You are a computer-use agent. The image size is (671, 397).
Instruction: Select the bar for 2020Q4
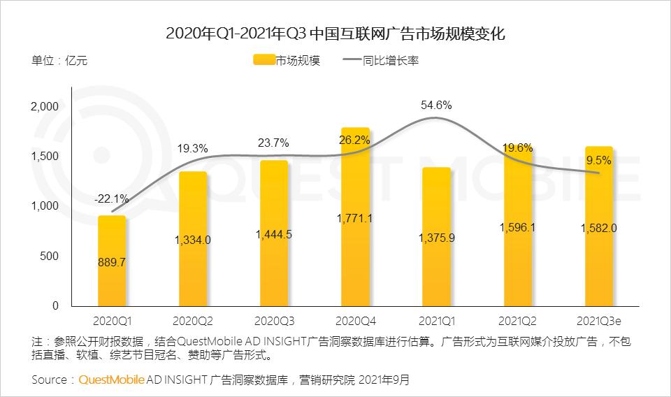[355, 266]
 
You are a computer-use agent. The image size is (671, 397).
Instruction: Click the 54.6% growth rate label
[436, 106]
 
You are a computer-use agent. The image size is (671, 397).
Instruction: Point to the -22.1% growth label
[111, 200]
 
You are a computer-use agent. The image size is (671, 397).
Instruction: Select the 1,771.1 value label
[355, 219]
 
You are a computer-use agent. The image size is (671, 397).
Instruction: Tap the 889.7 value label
[112, 262]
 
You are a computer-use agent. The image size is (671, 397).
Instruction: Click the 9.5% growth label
[598, 160]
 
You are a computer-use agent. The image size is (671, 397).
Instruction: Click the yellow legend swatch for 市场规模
[263, 61]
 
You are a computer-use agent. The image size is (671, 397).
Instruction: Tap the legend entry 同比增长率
[390, 61]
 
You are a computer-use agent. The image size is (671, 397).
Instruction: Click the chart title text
[335, 33]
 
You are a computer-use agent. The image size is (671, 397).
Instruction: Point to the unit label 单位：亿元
[59, 61]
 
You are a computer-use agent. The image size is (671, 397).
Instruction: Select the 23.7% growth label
[274, 143]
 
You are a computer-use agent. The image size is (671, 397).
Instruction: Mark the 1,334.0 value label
[192, 240]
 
